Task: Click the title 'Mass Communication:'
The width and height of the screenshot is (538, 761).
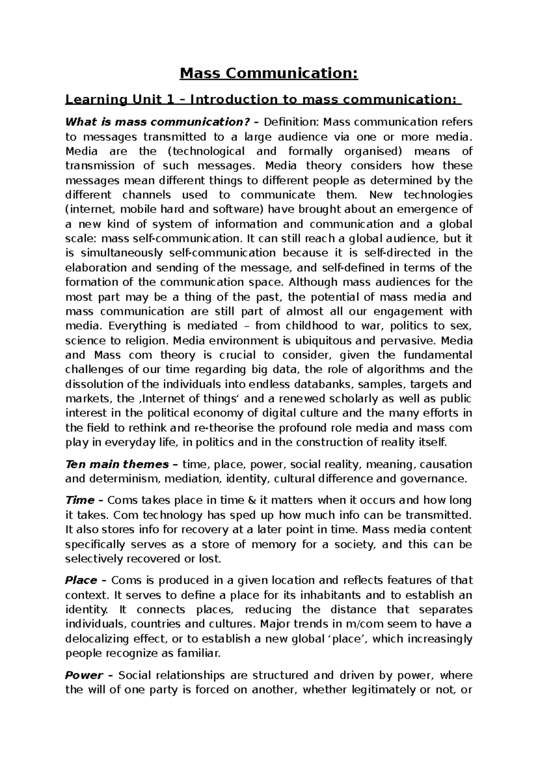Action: tap(269, 73)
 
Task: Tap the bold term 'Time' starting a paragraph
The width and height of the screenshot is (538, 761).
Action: tap(80, 500)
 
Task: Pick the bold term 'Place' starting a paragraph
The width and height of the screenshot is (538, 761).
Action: tap(81, 581)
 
